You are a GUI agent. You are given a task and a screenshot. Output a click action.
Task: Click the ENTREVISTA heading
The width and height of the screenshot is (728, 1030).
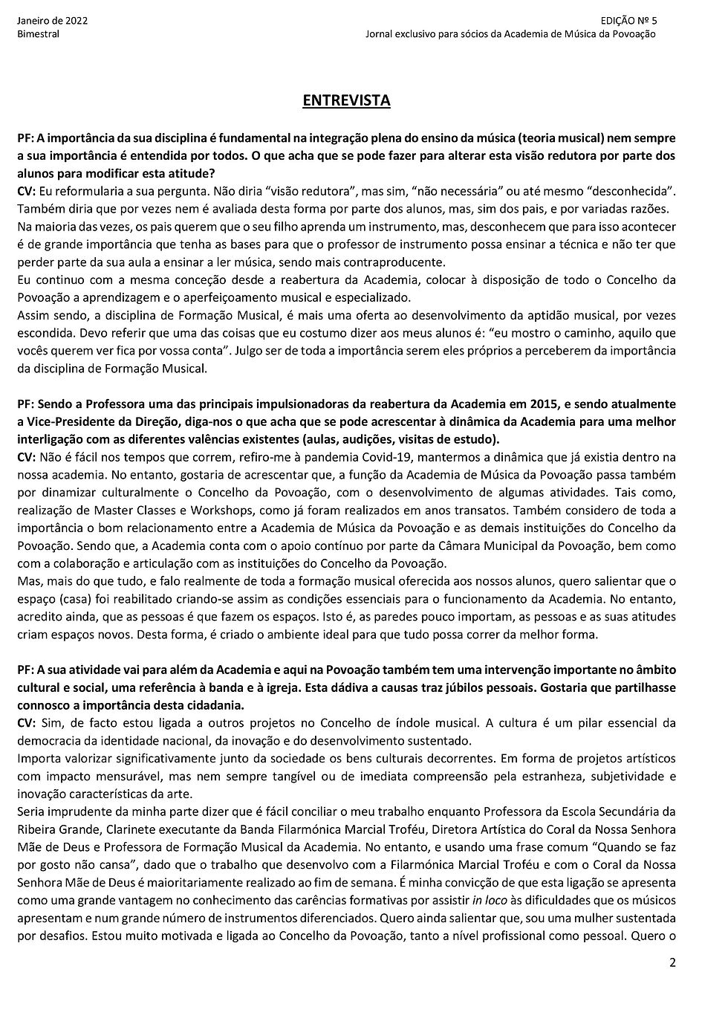(x=346, y=101)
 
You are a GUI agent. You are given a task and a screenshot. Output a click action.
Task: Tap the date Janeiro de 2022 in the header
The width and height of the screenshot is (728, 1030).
(x=52, y=21)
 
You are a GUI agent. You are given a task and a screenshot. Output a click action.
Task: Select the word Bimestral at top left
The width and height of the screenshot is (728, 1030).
(x=38, y=34)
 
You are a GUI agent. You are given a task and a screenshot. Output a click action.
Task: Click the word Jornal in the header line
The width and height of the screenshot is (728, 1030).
(x=381, y=34)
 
